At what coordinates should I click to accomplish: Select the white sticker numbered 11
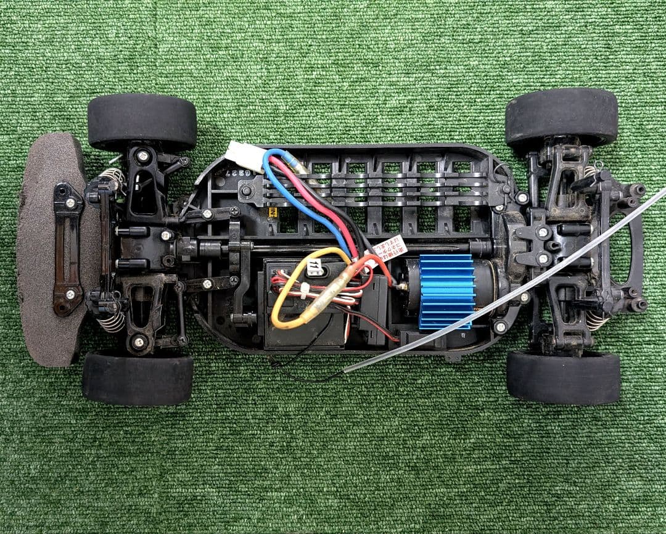pyautogui.click(x=315, y=267)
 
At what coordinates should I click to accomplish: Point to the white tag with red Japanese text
pyautogui.click(x=388, y=247)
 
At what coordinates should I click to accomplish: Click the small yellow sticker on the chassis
pyautogui.click(x=272, y=212)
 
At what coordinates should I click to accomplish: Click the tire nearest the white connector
pyautogui.click(x=142, y=121)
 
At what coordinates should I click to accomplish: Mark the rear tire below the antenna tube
pyautogui.click(x=563, y=376)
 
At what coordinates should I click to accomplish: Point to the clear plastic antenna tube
pyautogui.click(x=493, y=302)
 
